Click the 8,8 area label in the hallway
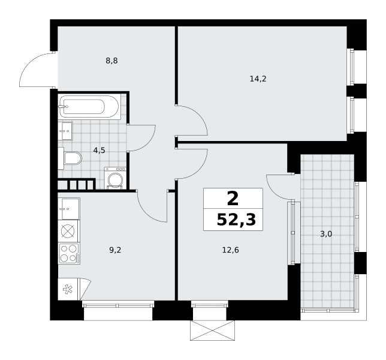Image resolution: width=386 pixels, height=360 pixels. point(111,61)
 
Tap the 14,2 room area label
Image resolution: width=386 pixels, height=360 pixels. point(258,79)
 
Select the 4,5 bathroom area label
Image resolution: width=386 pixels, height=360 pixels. point(99,150)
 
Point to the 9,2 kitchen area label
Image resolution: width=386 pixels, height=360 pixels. point(115,250)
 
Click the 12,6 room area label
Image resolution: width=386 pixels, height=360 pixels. point(231,250)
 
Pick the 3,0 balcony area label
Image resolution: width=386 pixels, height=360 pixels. point(326,234)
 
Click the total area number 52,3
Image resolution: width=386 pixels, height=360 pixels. point(236,220)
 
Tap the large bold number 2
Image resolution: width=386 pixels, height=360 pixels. point(233,199)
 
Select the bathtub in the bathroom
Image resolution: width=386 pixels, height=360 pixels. point(90,107)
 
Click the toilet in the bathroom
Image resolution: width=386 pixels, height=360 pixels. point(70,158)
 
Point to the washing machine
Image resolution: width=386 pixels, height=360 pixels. point(115,178)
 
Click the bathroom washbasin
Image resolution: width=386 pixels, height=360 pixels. point(65,131)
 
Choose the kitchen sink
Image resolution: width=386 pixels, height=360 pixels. point(69,209)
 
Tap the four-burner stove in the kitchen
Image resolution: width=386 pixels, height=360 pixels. point(69,254)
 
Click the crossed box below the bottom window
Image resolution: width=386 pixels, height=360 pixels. point(212,331)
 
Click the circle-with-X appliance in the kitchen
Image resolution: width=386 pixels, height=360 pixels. point(68,232)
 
